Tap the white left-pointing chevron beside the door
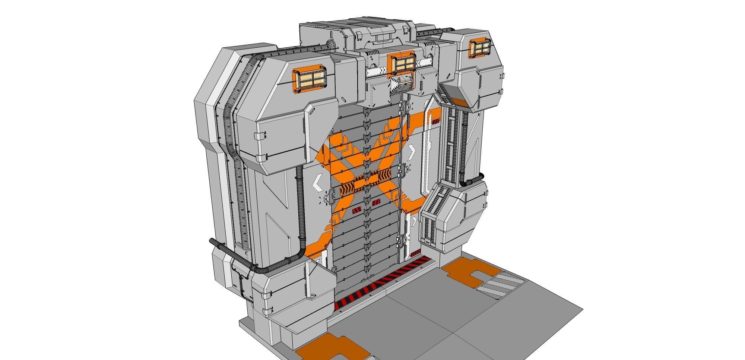click(317, 183)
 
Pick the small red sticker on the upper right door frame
click(435, 121)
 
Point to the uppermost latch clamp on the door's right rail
click(402, 108)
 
